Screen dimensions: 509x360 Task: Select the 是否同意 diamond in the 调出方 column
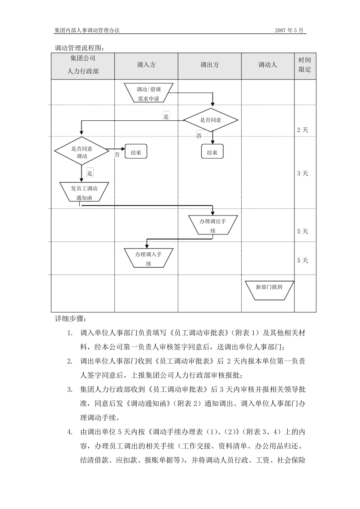click(211, 120)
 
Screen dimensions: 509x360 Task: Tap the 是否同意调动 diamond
click(82, 152)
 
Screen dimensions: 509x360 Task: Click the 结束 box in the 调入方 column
click(136, 152)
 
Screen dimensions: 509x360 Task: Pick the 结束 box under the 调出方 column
click(212, 152)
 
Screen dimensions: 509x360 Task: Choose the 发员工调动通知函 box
click(84, 192)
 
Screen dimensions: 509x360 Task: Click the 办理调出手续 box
click(213, 225)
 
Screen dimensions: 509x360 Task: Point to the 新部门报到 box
click(269, 290)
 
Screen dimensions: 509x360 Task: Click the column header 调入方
click(146, 65)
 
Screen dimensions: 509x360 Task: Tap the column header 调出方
click(210, 65)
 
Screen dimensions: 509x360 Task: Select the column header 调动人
click(268, 65)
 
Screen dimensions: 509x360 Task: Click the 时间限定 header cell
click(305, 65)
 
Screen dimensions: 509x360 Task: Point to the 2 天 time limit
click(302, 130)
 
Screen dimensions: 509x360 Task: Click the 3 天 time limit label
click(302, 173)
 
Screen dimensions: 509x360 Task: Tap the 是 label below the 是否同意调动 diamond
click(90, 173)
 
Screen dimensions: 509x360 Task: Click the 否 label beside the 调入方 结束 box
click(117, 155)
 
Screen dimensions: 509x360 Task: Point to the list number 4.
click(70, 432)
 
